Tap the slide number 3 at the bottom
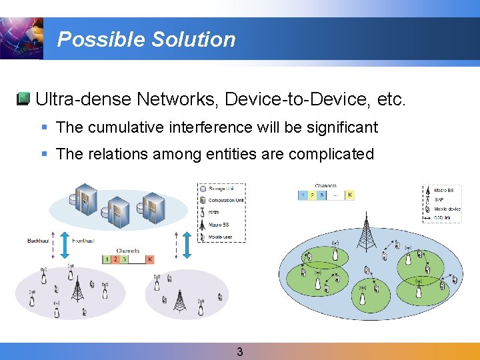click(x=240, y=352)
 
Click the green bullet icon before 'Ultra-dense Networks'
click(x=23, y=100)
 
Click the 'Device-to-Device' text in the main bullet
click(x=299, y=100)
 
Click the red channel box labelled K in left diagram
click(x=150, y=259)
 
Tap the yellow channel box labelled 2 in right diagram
click(x=313, y=195)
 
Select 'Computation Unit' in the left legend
click(x=226, y=200)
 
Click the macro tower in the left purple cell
click(x=77, y=290)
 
